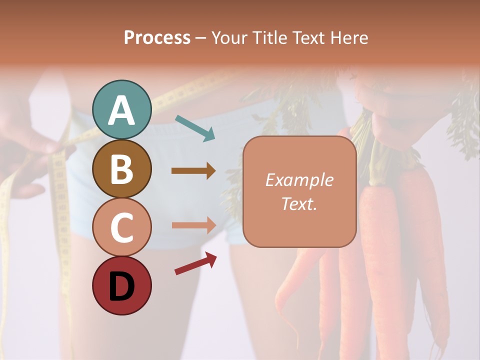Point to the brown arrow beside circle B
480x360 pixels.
[193, 171]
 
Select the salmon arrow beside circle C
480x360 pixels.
[193, 225]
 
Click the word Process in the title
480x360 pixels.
[157, 38]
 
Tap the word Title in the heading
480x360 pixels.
[268, 38]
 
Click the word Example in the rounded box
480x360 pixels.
[299, 180]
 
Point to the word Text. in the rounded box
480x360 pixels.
[299, 203]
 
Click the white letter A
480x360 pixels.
[121, 110]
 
